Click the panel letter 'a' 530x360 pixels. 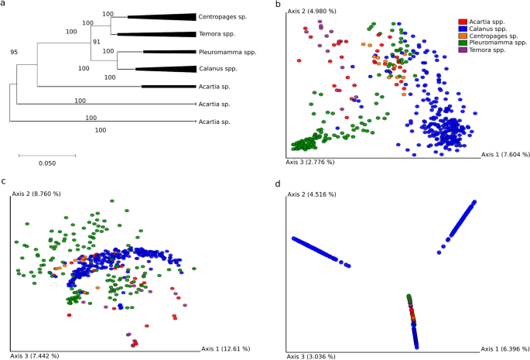(4, 5)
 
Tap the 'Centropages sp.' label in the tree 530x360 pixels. (224, 16)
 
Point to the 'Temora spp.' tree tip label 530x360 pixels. (220, 34)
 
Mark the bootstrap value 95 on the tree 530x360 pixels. (14, 52)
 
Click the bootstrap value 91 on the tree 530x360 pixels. (97, 42)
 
